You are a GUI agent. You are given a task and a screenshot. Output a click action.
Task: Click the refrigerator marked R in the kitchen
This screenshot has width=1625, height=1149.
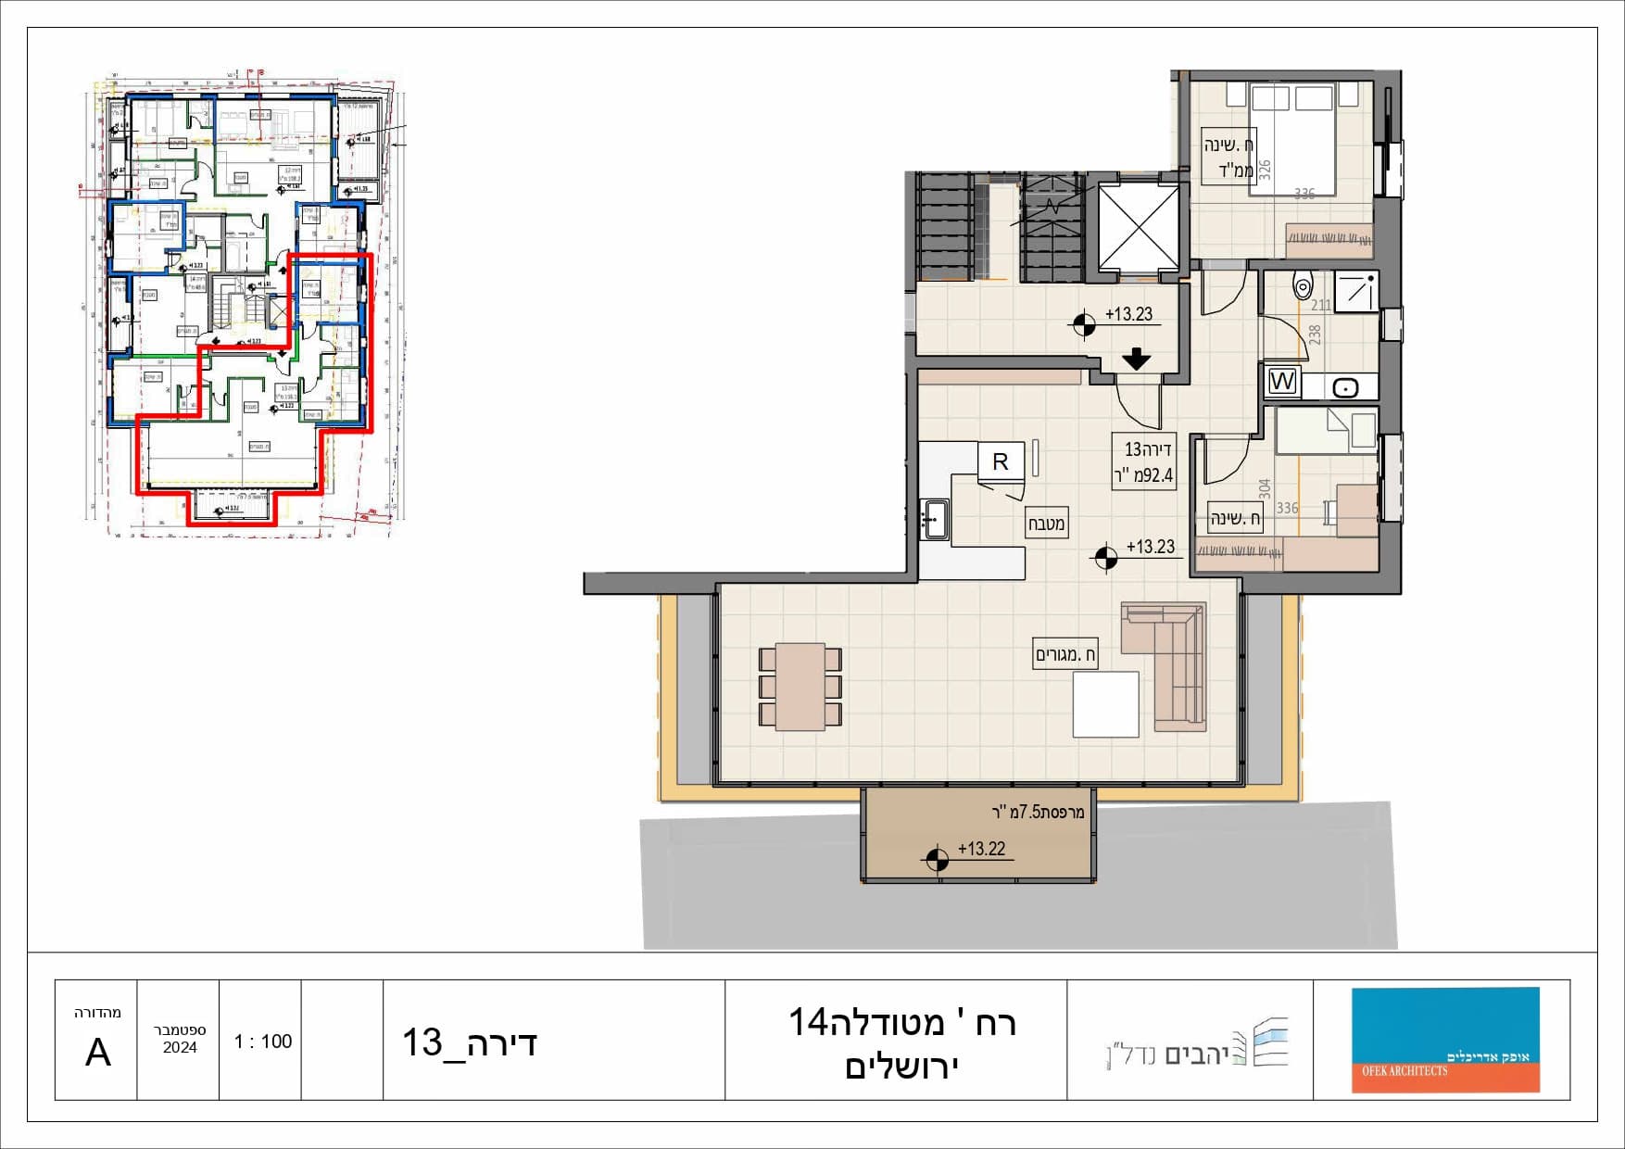tap(1001, 461)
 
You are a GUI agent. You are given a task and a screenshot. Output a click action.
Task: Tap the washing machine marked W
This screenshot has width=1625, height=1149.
tap(1282, 381)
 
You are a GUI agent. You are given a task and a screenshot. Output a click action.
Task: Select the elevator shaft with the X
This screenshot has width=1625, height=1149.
tap(1139, 227)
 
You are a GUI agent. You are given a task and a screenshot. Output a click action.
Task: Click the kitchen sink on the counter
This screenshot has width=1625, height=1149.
tap(934, 520)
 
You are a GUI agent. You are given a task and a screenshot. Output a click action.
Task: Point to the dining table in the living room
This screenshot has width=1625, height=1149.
tap(800, 687)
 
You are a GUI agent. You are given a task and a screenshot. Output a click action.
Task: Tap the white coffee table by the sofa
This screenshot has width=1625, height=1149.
tap(1105, 704)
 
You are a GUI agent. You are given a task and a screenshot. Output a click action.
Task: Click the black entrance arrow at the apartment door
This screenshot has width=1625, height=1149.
tap(1136, 359)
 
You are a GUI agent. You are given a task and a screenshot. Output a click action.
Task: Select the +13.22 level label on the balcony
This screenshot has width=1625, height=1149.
tap(981, 849)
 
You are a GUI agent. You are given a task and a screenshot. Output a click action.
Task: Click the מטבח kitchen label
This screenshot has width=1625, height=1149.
tap(1046, 524)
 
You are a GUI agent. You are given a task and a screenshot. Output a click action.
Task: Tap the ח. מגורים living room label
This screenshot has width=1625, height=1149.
tap(1065, 655)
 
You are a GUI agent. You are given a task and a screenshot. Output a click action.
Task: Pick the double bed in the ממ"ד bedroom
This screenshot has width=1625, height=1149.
tap(1291, 139)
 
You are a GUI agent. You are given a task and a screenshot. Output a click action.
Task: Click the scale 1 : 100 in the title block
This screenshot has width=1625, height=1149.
tap(262, 1042)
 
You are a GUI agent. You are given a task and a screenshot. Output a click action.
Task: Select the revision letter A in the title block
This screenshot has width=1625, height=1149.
tap(97, 1053)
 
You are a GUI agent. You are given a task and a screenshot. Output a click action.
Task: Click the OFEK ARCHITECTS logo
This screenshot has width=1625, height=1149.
tap(1444, 1040)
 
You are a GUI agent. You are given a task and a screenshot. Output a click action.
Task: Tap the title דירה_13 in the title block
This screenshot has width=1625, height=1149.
tap(469, 1043)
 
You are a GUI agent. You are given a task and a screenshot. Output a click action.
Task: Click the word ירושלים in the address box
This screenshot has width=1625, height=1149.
tap(901, 1066)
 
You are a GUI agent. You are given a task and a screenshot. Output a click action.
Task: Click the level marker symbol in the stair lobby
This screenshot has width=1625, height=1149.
tap(1083, 325)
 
